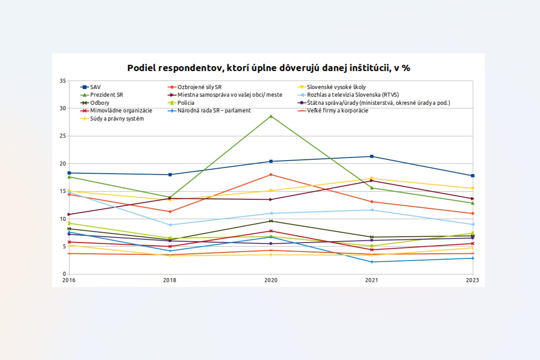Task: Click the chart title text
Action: (269, 68)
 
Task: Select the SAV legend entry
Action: (95, 87)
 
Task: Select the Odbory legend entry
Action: (99, 103)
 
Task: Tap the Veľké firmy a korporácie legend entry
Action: (337, 111)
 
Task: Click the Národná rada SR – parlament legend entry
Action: (214, 111)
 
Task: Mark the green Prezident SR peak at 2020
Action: (270, 116)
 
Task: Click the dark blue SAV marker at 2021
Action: (372, 156)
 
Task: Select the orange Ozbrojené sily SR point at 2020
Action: (270, 175)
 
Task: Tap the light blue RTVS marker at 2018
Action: (170, 225)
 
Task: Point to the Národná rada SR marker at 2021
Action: (372, 262)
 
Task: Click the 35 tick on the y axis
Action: (63, 81)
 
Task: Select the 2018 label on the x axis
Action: (170, 280)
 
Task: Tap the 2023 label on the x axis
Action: (472, 280)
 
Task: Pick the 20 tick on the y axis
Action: (63, 164)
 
